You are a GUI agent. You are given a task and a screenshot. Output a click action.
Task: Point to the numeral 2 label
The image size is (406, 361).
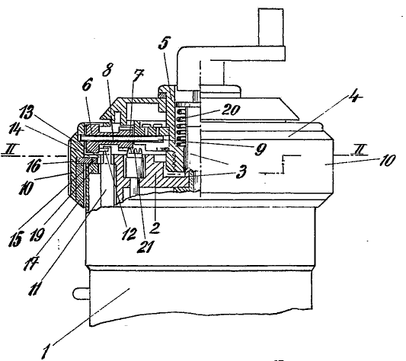pyautogui.click(x=155, y=228)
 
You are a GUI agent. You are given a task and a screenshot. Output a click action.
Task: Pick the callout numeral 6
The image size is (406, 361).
pyautogui.click(x=87, y=85)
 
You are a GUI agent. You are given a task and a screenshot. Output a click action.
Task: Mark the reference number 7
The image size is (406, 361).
pyautogui.click(x=138, y=76)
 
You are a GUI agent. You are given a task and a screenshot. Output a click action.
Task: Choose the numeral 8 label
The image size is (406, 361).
pyautogui.click(x=107, y=69)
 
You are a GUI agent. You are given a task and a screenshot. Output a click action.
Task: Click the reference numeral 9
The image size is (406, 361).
pyautogui.click(x=261, y=149)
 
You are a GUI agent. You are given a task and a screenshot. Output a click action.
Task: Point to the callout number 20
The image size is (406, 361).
pyautogui.click(x=231, y=110)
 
